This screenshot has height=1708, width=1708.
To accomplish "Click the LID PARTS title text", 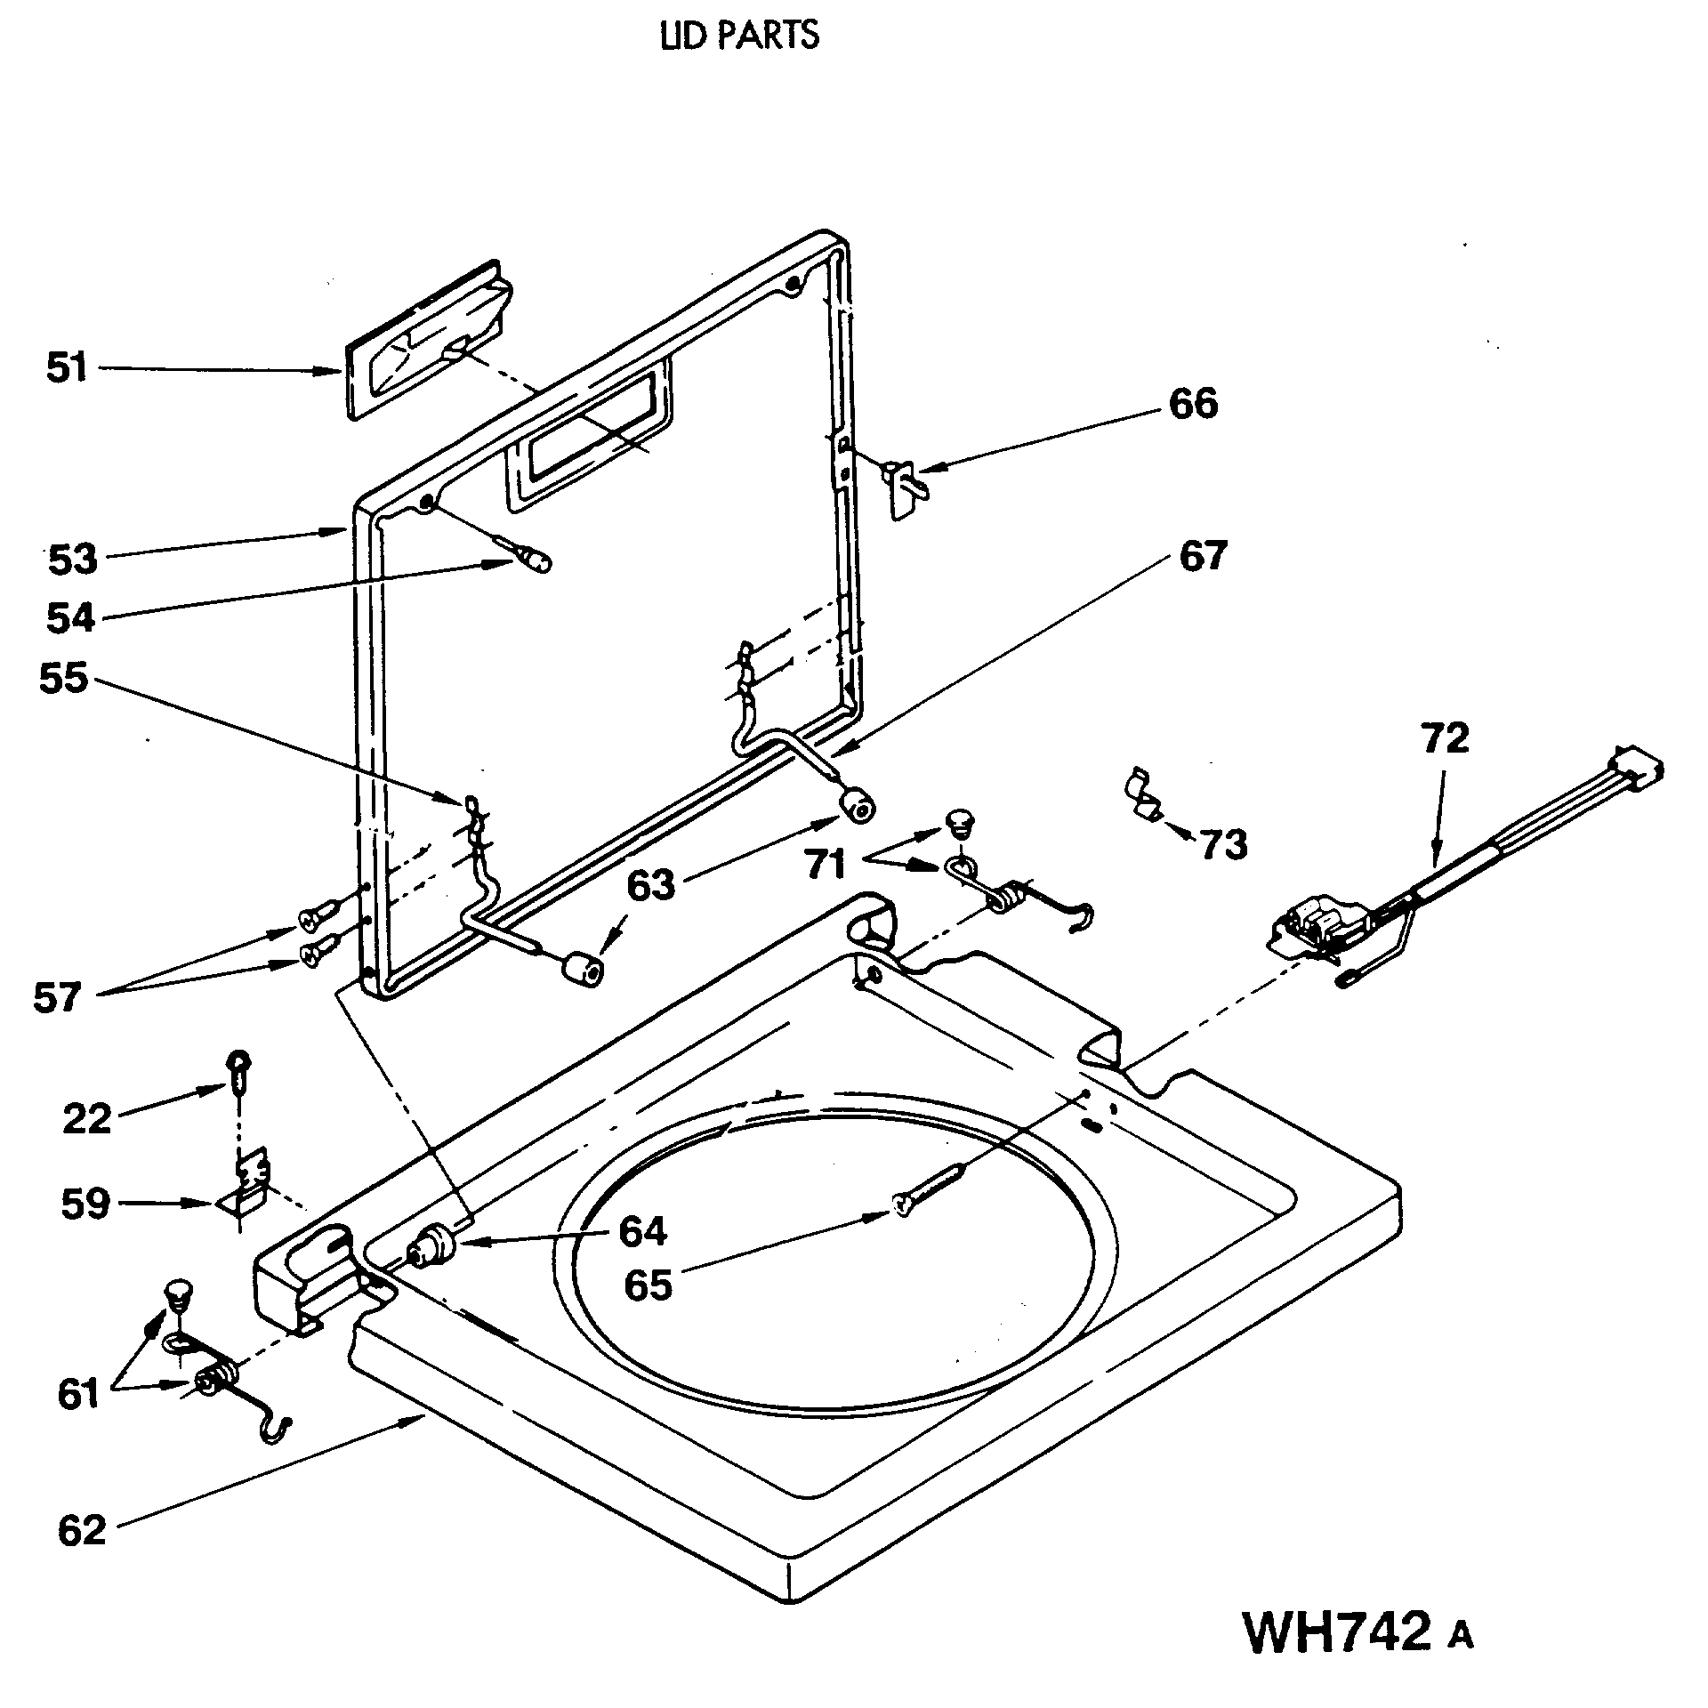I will pos(739,36).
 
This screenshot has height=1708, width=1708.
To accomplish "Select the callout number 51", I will pos(68,367).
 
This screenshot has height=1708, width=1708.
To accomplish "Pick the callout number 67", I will pos(1203,556).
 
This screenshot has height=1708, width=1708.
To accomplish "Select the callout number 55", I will pos(63,679).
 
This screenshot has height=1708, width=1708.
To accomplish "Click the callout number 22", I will pos(86,1118).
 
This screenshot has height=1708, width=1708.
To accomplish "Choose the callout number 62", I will pos(82,1530).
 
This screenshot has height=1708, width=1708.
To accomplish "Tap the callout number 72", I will pos(1445,739).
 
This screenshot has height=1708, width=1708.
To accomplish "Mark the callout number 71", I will pos(825,863).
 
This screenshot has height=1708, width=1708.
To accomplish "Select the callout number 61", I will pos(79,1394).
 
